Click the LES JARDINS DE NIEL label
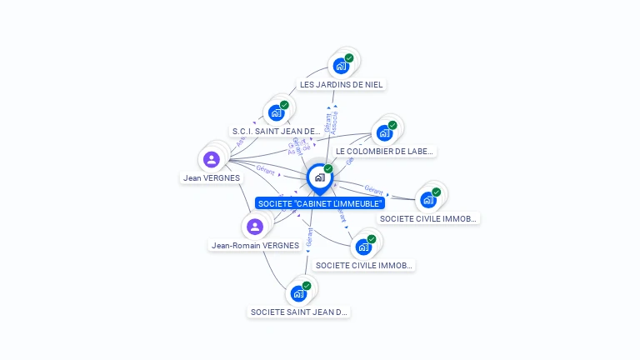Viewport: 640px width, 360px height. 342,84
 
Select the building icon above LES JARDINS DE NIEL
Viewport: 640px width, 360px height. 340,65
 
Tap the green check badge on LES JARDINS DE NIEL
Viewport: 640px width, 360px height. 349,58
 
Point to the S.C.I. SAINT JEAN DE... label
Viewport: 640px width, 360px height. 276,132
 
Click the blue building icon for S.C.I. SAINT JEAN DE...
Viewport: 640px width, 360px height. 276,112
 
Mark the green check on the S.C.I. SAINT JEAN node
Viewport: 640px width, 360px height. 284,105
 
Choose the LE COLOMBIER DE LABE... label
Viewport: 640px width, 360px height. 384,152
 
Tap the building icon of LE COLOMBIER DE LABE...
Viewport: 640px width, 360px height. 383,132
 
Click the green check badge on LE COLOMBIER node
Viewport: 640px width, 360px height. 392,126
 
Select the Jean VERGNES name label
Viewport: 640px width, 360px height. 212,177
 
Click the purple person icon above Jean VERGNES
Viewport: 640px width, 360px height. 212,158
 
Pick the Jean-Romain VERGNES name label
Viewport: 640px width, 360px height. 255,245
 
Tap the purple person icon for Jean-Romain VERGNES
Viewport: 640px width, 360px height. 255,226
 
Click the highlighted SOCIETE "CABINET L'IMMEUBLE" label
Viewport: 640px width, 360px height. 320,203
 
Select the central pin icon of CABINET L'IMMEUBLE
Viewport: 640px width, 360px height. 319,177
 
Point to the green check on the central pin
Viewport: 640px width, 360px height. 328,169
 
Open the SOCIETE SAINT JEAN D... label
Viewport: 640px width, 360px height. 298,312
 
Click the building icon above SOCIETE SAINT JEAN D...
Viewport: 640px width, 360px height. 297,293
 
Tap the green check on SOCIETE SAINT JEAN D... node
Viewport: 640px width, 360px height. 307,286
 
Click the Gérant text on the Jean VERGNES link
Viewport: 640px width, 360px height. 265,169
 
